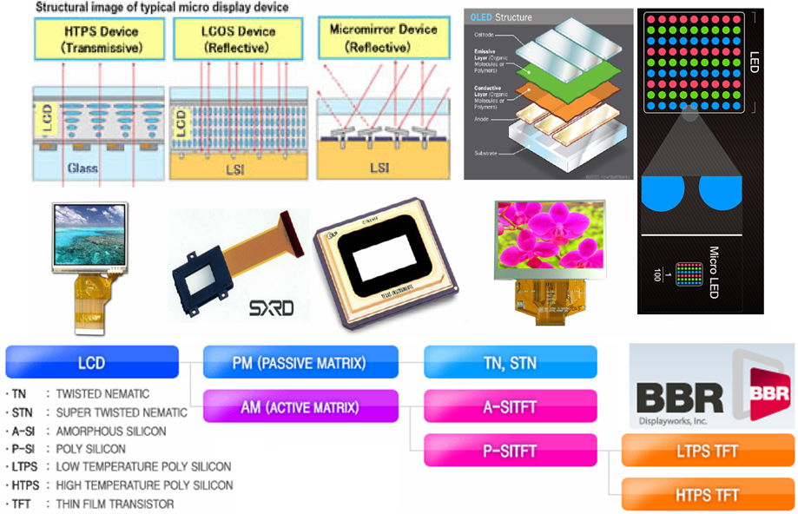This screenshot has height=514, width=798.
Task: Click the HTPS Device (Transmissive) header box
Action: [x=89, y=38]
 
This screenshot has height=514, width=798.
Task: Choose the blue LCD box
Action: [x=92, y=361]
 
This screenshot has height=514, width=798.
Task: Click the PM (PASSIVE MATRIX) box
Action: [x=300, y=361]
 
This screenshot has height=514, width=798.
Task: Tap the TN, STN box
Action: [x=510, y=361]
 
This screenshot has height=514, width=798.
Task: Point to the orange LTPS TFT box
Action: [x=709, y=451]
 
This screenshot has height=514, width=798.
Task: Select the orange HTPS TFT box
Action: [x=709, y=495]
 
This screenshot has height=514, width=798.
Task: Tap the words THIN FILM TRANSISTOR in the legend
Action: [x=115, y=504]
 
